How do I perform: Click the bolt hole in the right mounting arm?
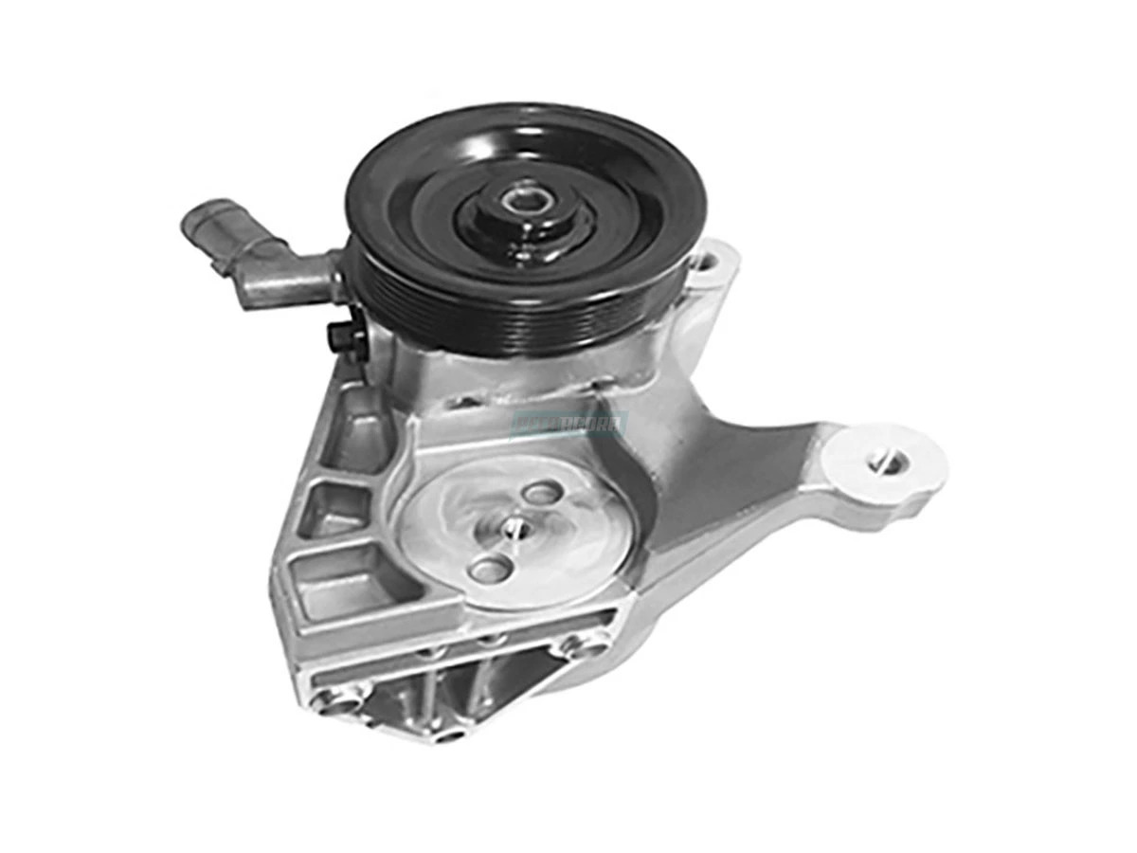pyautogui.click(x=888, y=462)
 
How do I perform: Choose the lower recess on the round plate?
pyautogui.click(x=490, y=569)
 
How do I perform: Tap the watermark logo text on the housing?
pyautogui.click(x=568, y=423)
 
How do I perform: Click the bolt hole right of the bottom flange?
pyautogui.click(x=575, y=648)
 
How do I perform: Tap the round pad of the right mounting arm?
pyautogui.click(x=886, y=464)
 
